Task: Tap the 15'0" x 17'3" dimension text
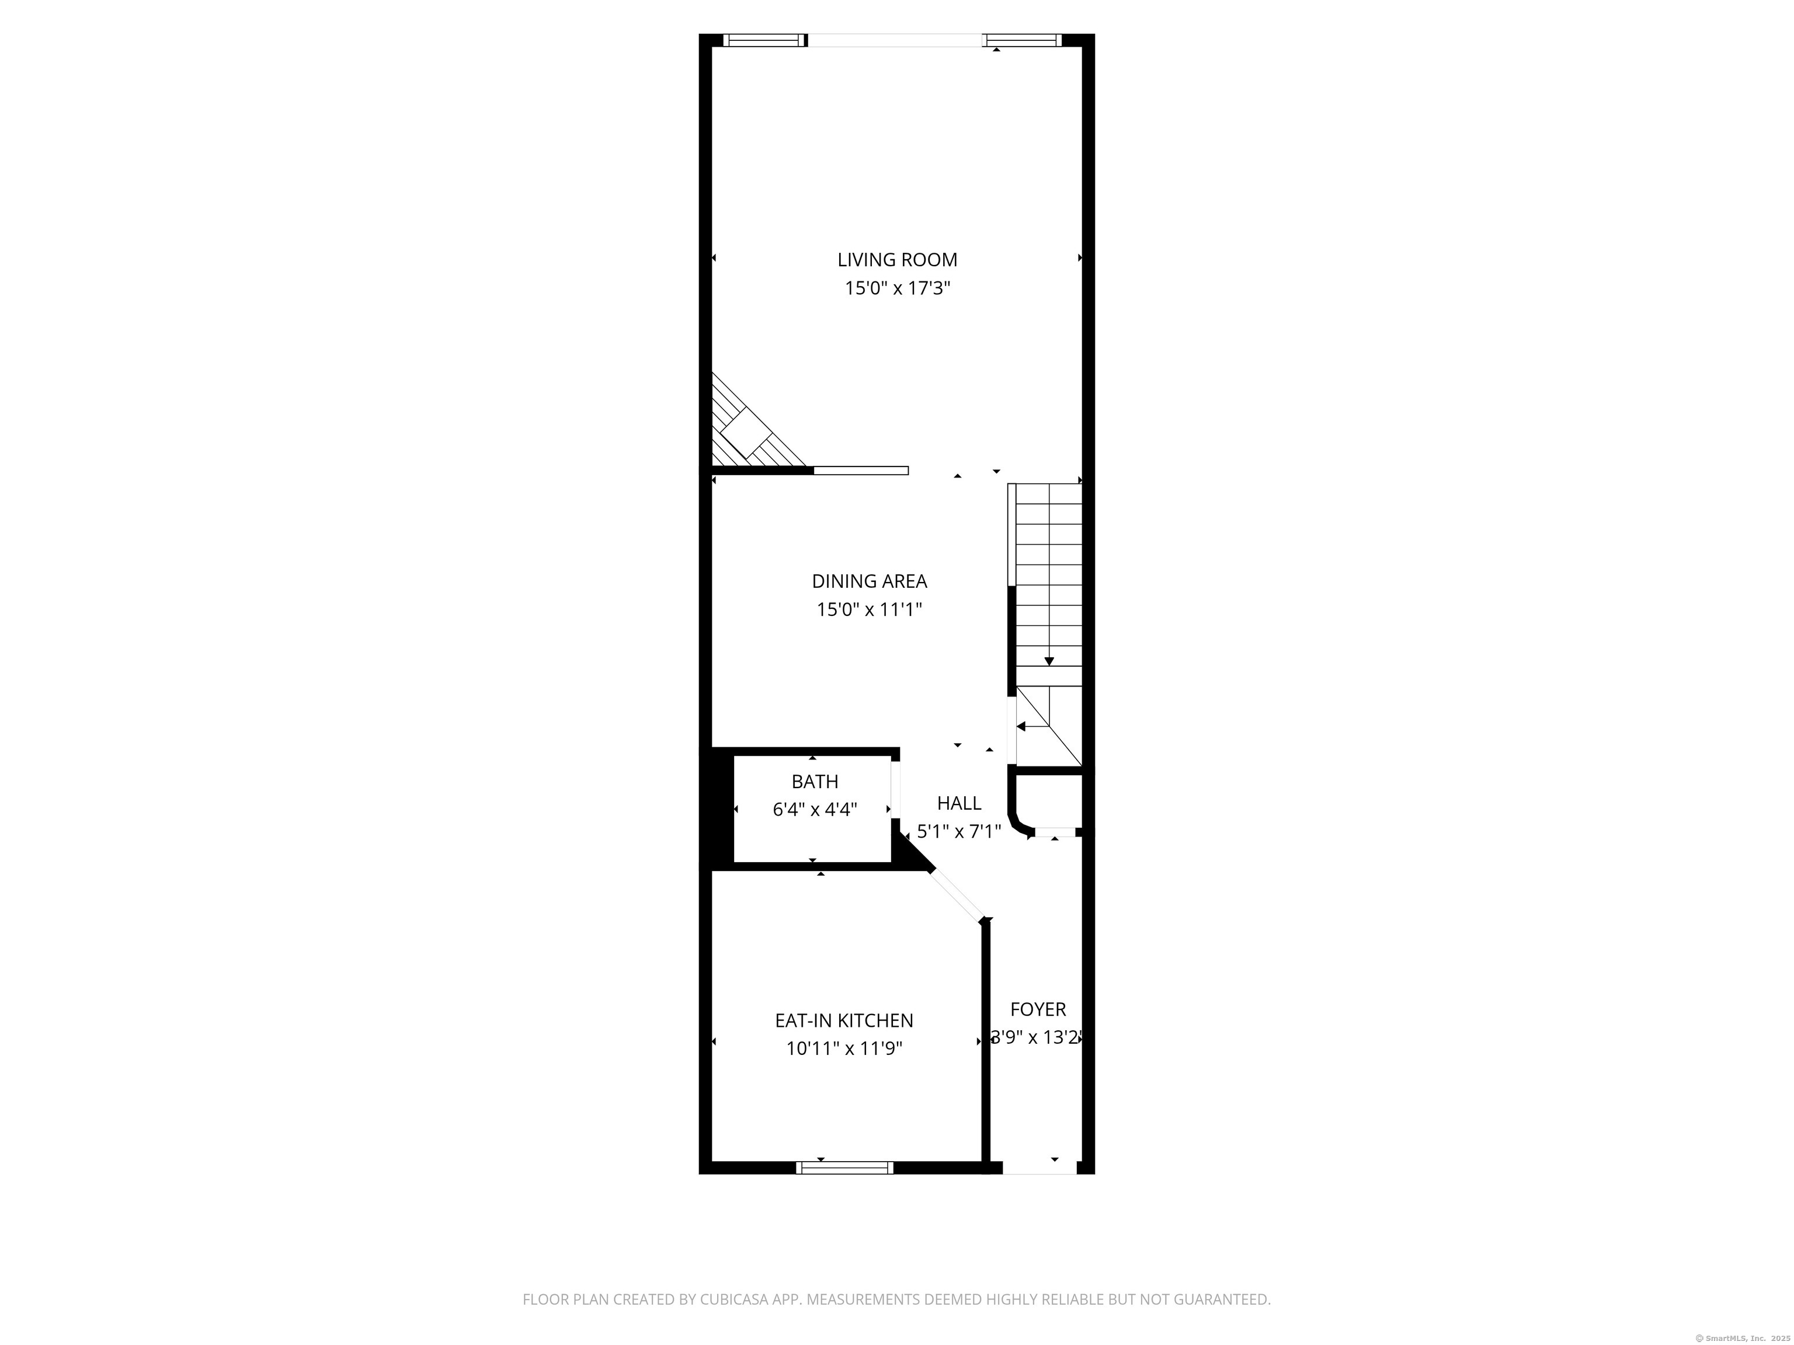[897, 288]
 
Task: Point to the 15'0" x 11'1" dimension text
[870, 609]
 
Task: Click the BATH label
[815, 782]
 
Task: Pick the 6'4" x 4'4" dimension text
[815, 809]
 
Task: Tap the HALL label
[959, 803]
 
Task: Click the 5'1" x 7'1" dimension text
[959, 831]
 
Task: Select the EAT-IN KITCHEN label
[844, 1020]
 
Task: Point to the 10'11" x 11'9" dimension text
[844, 1048]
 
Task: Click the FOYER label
[1038, 1009]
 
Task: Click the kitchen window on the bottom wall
[844, 1168]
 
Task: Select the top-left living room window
[765, 40]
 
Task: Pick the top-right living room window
[1022, 40]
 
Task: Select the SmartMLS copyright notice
[1742, 1338]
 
